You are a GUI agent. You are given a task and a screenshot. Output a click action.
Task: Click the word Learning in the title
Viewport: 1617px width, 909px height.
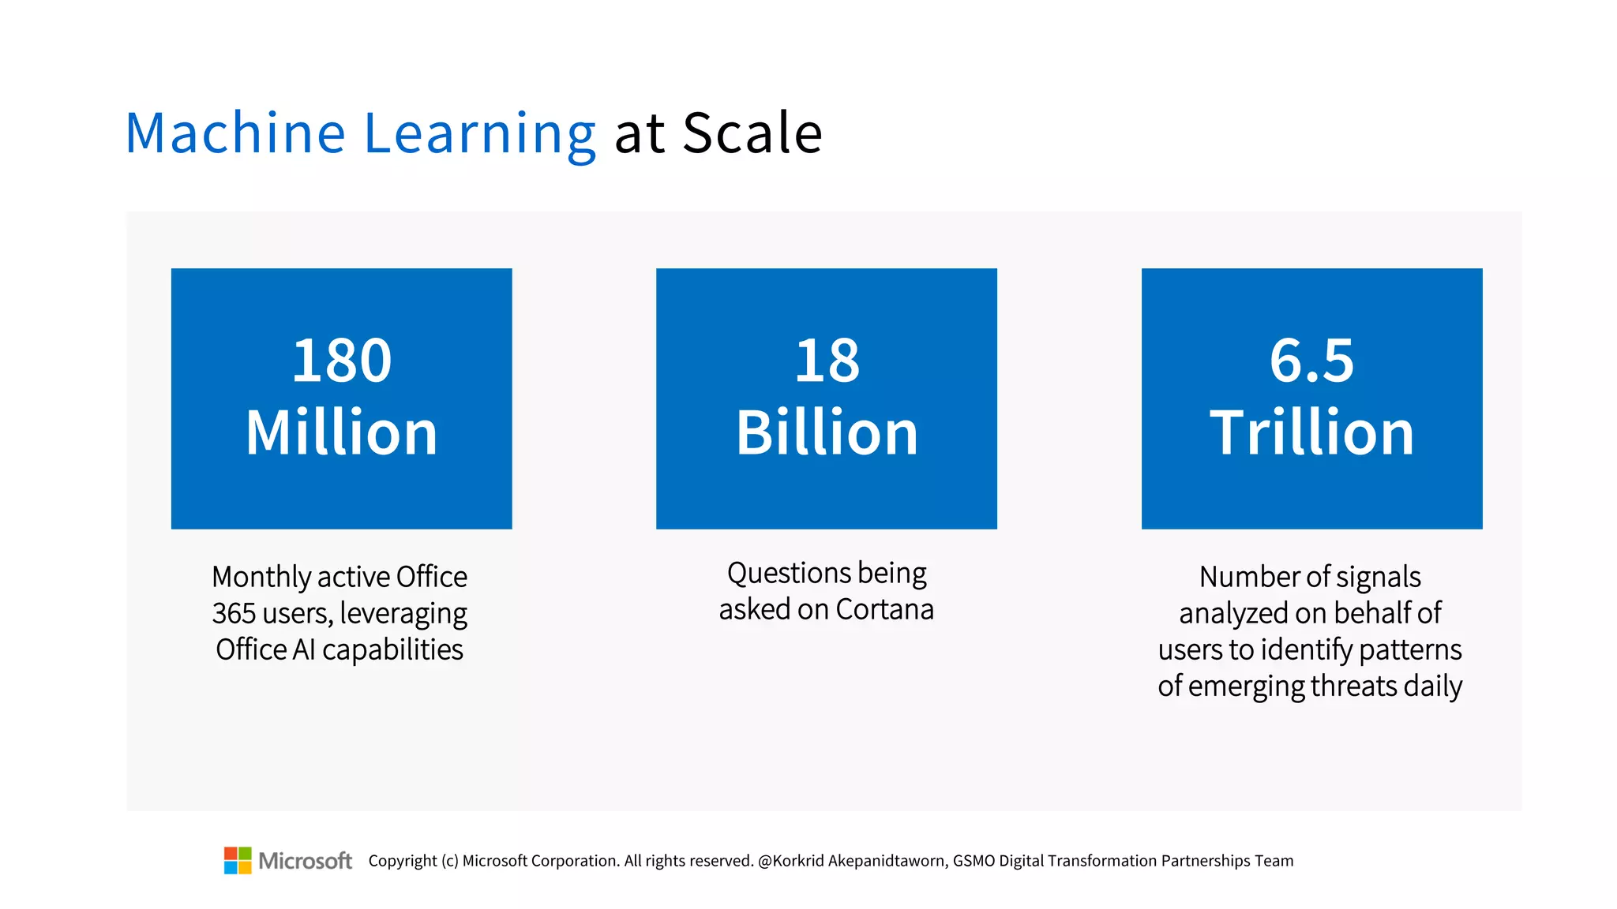point(479,134)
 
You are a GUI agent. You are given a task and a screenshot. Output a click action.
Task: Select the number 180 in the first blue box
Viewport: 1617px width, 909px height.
point(341,361)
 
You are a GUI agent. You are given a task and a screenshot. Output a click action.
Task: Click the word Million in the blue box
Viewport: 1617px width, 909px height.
point(341,432)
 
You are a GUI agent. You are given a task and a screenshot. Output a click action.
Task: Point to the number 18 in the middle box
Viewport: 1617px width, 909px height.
point(827,361)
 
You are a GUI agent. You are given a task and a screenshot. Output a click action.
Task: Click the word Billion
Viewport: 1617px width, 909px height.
point(827,432)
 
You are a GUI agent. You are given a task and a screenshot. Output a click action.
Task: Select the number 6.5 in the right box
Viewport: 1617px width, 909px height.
point(1311,361)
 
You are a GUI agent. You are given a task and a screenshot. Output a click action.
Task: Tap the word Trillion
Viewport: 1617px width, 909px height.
point(1311,432)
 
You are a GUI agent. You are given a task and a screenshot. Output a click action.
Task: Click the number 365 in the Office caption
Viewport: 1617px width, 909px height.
point(234,613)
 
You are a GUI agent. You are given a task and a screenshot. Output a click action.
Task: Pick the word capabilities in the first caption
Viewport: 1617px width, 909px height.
point(392,650)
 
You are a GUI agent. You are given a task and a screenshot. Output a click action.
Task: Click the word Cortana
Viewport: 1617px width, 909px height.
point(884,609)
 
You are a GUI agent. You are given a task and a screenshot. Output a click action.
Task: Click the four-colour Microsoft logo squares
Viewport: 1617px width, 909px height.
point(238,860)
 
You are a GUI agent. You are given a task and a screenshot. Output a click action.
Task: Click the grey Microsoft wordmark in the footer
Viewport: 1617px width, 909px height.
point(305,861)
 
